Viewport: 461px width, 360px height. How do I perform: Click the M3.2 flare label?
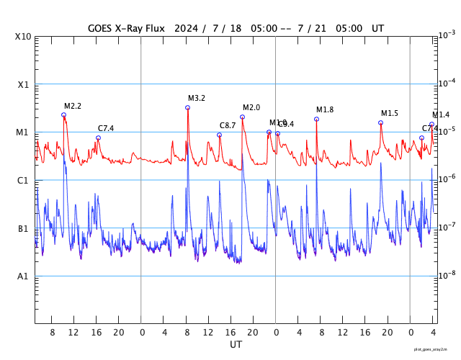click(197, 98)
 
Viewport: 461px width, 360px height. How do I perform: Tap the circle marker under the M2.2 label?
click(63, 114)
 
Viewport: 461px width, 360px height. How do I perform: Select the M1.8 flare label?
click(325, 109)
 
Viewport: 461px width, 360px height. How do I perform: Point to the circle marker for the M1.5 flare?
click(380, 122)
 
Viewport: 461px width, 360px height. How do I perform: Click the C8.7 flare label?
click(228, 125)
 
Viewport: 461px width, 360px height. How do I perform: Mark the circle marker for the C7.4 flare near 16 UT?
click(98, 138)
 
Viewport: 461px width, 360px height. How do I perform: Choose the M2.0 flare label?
click(251, 107)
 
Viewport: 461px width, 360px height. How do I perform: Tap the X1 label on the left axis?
click(24, 84)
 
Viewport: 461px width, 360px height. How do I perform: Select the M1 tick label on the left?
click(24, 132)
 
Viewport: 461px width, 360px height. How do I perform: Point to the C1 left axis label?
click(24, 180)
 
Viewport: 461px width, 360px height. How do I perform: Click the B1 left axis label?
click(24, 228)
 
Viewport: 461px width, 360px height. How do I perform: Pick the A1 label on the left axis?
click(24, 276)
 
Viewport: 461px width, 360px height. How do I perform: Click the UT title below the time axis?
click(236, 345)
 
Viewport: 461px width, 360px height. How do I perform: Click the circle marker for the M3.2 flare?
click(187, 107)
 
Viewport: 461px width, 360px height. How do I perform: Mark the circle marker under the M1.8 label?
click(316, 119)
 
